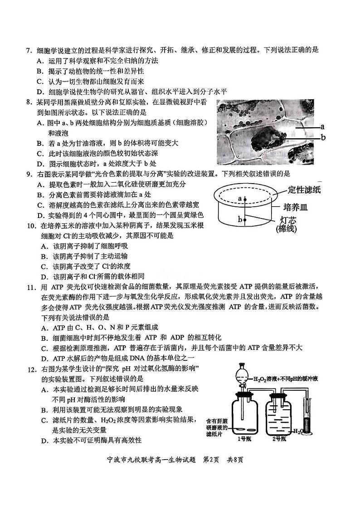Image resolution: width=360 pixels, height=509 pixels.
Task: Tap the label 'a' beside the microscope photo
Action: (x=322, y=127)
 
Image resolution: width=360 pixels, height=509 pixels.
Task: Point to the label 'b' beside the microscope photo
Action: (x=323, y=137)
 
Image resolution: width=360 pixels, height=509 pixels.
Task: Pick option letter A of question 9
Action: (x=39, y=184)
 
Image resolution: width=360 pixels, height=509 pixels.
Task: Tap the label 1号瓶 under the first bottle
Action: (x=245, y=439)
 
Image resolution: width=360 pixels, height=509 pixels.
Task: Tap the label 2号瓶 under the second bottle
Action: (x=280, y=439)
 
